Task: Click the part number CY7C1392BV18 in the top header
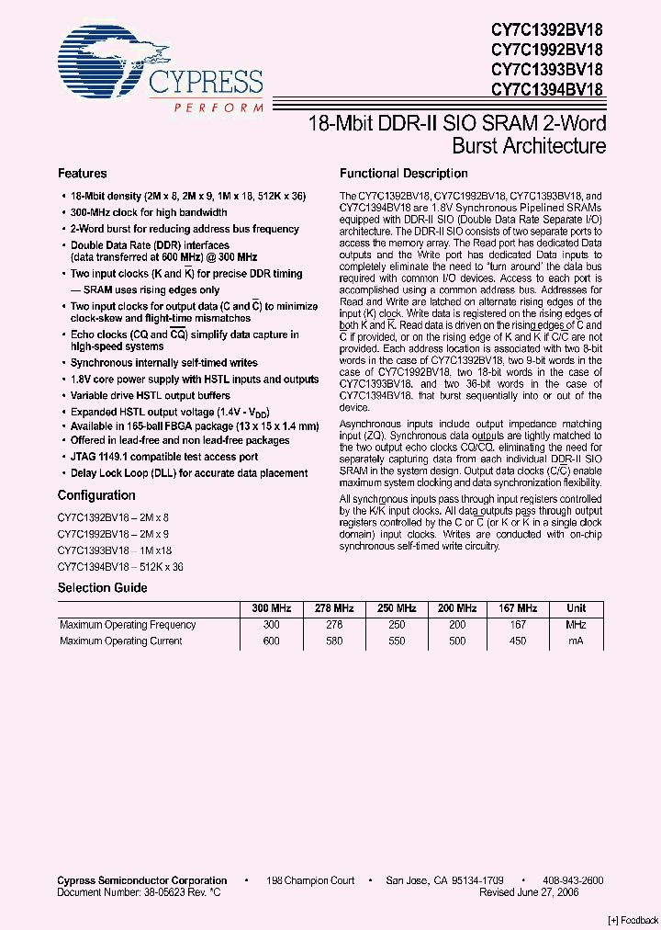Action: tap(546, 29)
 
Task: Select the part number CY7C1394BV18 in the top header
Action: tap(546, 90)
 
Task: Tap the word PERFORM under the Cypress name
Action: tap(217, 108)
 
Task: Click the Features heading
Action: tap(83, 174)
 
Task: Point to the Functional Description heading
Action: tap(403, 174)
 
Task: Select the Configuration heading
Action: tap(96, 495)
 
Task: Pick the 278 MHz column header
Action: tap(334, 608)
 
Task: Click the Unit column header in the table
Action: tap(576, 608)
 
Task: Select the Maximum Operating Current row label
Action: tap(121, 641)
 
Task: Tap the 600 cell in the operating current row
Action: tap(272, 641)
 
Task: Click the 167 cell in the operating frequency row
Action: tap(517, 625)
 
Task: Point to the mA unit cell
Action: tap(576, 641)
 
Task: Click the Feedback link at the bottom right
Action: tap(633, 920)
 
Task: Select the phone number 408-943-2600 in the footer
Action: tap(567, 880)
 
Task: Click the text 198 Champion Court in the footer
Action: tap(310, 880)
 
